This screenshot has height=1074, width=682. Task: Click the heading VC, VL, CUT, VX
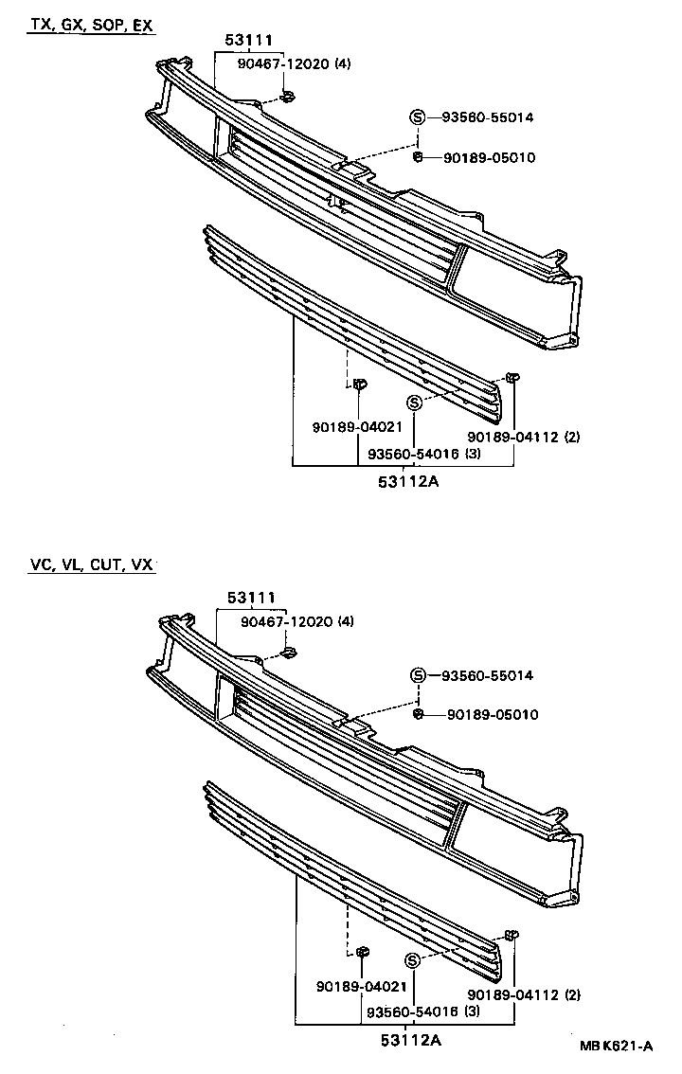(x=91, y=565)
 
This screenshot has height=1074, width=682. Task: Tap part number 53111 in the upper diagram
(x=249, y=40)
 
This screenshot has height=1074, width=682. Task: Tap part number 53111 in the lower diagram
(x=250, y=598)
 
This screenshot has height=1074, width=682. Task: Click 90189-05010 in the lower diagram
(x=489, y=714)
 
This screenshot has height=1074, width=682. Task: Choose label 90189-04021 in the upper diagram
(x=351, y=428)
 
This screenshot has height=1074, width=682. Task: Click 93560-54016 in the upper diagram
(x=413, y=454)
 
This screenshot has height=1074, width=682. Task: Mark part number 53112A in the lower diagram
(x=410, y=1041)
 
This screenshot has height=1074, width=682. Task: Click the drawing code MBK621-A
(x=617, y=1047)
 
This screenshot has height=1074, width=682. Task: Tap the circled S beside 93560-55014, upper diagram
(x=418, y=117)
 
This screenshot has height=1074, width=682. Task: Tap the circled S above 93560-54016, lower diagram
(x=413, y=960)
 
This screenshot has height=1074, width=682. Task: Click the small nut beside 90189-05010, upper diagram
(x=418, y=156)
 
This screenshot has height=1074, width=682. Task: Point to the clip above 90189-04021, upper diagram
(x=359, y=385)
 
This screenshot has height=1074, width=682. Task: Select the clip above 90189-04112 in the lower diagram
(x=511, y=936)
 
